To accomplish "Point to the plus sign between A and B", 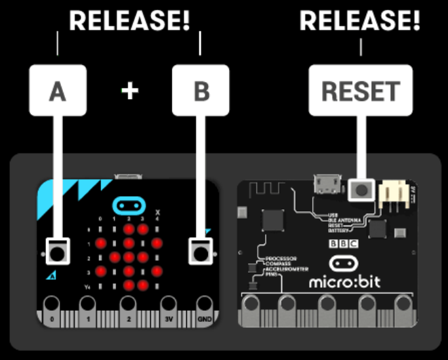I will click(x=130, y=91).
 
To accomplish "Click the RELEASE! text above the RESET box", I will click(x=360, y=21).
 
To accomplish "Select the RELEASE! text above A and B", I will click(x=129, y=21).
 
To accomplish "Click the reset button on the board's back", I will click(x=361, y=190).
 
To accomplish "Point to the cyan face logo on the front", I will click(x=129, y=206).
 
